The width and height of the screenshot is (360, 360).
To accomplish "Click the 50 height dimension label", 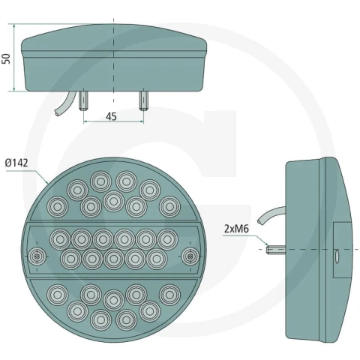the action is [6, 58].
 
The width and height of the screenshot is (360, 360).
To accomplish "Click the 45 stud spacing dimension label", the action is [111, 116].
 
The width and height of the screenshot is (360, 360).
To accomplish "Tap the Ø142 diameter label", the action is [16, 163].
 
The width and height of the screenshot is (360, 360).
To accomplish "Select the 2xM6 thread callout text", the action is [236, 229].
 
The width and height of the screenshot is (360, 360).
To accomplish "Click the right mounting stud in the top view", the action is [143, 100].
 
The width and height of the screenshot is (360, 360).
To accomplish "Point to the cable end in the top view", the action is [57, 113].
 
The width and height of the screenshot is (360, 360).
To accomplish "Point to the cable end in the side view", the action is [260, 221].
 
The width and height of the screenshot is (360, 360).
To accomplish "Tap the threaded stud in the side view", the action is [276, 249].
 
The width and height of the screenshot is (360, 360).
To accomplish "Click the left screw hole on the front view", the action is [37, 256].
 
